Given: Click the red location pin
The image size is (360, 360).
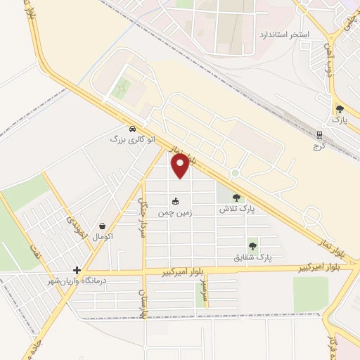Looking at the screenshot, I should coord(181,166).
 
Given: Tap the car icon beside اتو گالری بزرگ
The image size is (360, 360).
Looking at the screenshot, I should coord(132,129).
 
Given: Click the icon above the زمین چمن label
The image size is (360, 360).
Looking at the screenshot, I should coord(185,200).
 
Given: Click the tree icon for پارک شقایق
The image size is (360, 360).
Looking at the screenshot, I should coord(252,247).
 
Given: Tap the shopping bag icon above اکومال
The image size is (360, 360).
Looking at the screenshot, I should coord(103,226).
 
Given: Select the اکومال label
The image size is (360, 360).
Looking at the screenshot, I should coord(103,236).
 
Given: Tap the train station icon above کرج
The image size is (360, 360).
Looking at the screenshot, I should coord(320,135).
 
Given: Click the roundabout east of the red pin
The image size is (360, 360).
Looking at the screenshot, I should coord(235,173).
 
